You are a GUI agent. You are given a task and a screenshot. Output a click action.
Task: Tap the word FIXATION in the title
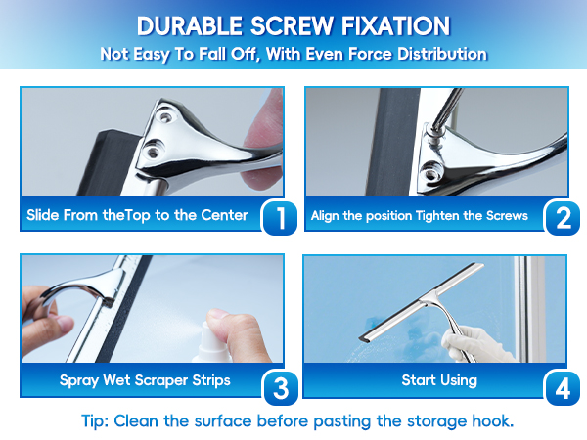[x=395, y=26]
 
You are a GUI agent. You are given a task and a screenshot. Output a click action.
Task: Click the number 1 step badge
[x=280, y=218]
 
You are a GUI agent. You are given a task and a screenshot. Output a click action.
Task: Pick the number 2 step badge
[x=564, y=218]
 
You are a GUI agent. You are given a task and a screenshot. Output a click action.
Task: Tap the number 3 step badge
[x=281, y=388]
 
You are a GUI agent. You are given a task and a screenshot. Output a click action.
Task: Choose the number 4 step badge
[x=564, y=388]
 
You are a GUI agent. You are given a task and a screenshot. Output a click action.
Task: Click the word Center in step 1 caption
[x=224, y=215]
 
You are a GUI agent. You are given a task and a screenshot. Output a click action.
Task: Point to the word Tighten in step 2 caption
[x=437, y=216]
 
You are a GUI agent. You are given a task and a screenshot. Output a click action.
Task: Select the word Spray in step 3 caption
[x=79, y=381]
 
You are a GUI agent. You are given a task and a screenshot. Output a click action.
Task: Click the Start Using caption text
[x=439, y=380]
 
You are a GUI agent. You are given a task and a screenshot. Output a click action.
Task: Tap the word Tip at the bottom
[x=95, y=421]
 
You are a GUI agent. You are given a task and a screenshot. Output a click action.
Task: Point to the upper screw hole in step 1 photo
[x=164, y=117]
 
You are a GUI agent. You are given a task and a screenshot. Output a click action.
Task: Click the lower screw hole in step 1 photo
[x=153, y=152]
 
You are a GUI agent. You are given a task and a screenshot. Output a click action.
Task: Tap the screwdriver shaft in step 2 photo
[x=448, y=108]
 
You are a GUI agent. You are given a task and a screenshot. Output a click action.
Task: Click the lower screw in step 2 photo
[x=431, y=170]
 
